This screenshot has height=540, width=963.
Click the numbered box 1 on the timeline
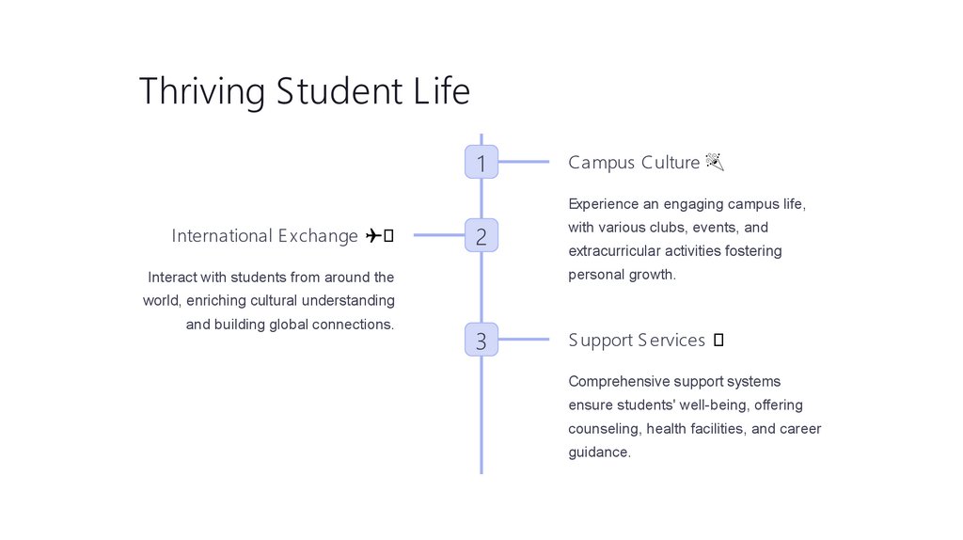coord(481,162)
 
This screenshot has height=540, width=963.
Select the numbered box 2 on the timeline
coord(481,235)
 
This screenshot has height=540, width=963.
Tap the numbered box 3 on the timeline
coord(481,340)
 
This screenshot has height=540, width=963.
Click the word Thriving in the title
coord(202,92)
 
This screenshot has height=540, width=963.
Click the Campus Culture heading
coord(633,163)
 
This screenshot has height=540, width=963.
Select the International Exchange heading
coord(264,236)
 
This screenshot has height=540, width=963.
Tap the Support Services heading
coord(636,341)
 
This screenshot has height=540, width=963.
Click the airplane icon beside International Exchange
coord(372,236)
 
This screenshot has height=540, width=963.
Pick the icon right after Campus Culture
coord(714,163)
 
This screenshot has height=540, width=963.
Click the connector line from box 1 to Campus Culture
coord(523,162)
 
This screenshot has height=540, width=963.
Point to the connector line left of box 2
coord(438,235)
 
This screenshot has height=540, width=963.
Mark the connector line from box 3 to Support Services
coord(523,340)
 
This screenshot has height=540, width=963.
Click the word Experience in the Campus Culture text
coord(604,204)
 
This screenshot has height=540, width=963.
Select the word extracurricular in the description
coord(614,251)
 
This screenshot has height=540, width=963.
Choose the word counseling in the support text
coord(603,429)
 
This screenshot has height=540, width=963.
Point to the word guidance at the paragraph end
coord(597,453)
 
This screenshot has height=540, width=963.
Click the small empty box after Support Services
coord(718,341)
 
